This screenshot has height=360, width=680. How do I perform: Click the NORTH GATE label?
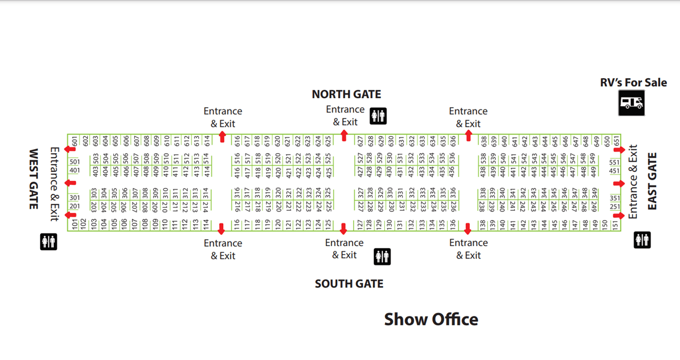pyautogui.click(x=346, y=94)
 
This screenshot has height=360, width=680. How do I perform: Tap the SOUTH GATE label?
pyautogui.click(x=349, y=283)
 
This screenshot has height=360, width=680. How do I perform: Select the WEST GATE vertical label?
pyautogui.click(x=33, y=179)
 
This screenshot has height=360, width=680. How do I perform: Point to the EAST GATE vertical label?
pyautogui.click(x=652, y=181)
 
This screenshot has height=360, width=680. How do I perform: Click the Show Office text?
pyautogui.click(x=431, y=319)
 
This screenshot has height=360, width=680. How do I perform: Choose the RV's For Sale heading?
pyautogui.click(x=634, y=83)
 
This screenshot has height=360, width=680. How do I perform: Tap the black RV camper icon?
pyautogui.click(x=631, y=103)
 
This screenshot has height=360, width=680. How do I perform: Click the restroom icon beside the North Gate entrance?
pyautogui.click(x=378, y=116)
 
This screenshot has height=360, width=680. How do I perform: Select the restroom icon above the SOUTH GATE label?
pyautogui.click(x=382, y=256)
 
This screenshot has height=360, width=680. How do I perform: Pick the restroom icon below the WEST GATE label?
pyautogui.click(x=49, y=242)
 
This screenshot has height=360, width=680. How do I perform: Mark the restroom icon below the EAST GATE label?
pyautogui.click(x=642, y=240)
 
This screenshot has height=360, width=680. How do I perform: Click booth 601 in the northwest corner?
pyautogui.click(x=74, y=140)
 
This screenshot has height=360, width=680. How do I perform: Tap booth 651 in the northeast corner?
pyautogui.click(x=616, y=140)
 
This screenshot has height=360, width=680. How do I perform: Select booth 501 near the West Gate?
pyautogui.click(x=75, y=162)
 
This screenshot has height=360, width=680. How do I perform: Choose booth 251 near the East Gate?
pyautogui.click(x=615, y=206)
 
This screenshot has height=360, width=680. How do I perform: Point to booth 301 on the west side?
pyautogui.click(x=75, y=197)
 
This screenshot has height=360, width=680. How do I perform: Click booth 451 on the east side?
pyautogui.click(x=615, y=171)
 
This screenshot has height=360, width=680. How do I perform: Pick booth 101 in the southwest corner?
pyautogui.click(x=74, y=225)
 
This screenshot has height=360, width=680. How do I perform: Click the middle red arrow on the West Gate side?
pyautogui.click(x=70, y=183)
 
